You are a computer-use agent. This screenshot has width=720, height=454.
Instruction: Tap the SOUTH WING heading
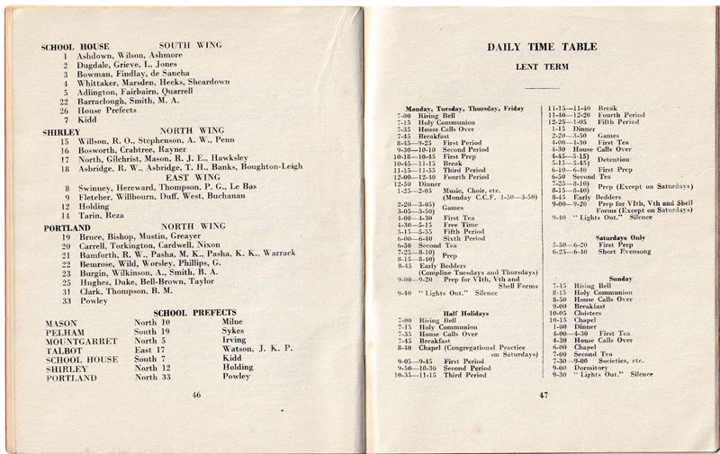(x=191, y=45)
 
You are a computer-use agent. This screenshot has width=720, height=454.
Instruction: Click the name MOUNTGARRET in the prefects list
(x=76, y=341)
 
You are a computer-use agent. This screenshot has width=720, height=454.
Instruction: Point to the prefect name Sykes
(x=233, y=331)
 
